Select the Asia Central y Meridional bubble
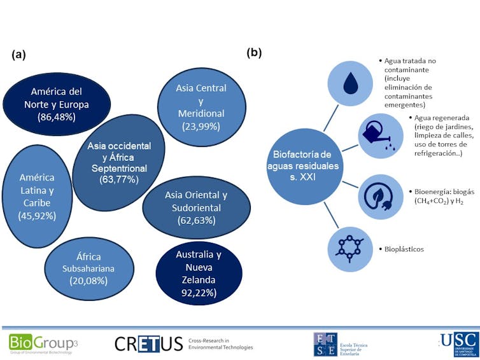tap(201, 106)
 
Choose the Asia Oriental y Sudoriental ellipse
tap(195, 208)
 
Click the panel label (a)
tap(18, 54)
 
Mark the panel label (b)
tap(255, 52)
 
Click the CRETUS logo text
tap(148, 343)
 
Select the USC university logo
tap(458, 343)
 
